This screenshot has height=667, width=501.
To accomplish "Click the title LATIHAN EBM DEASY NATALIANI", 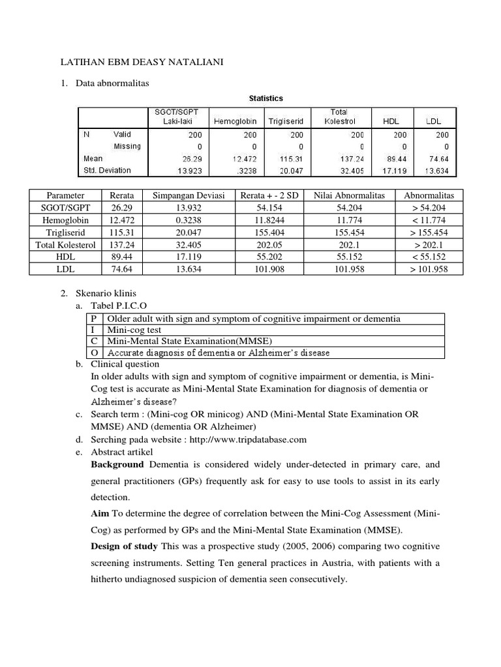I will (141, 62).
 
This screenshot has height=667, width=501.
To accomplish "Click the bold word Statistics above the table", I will (266, 98).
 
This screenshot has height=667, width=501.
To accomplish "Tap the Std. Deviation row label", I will (107, 170).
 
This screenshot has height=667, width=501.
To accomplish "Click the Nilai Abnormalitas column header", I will (349, 195).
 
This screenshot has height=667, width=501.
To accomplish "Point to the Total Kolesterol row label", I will (65, 244).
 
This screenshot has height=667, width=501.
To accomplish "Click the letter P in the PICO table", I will (95, 319).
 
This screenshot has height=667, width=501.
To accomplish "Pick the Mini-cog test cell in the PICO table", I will (134, 330).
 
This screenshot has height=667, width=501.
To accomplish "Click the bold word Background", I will (117, 464).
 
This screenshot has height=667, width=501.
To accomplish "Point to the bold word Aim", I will (101, 513).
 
